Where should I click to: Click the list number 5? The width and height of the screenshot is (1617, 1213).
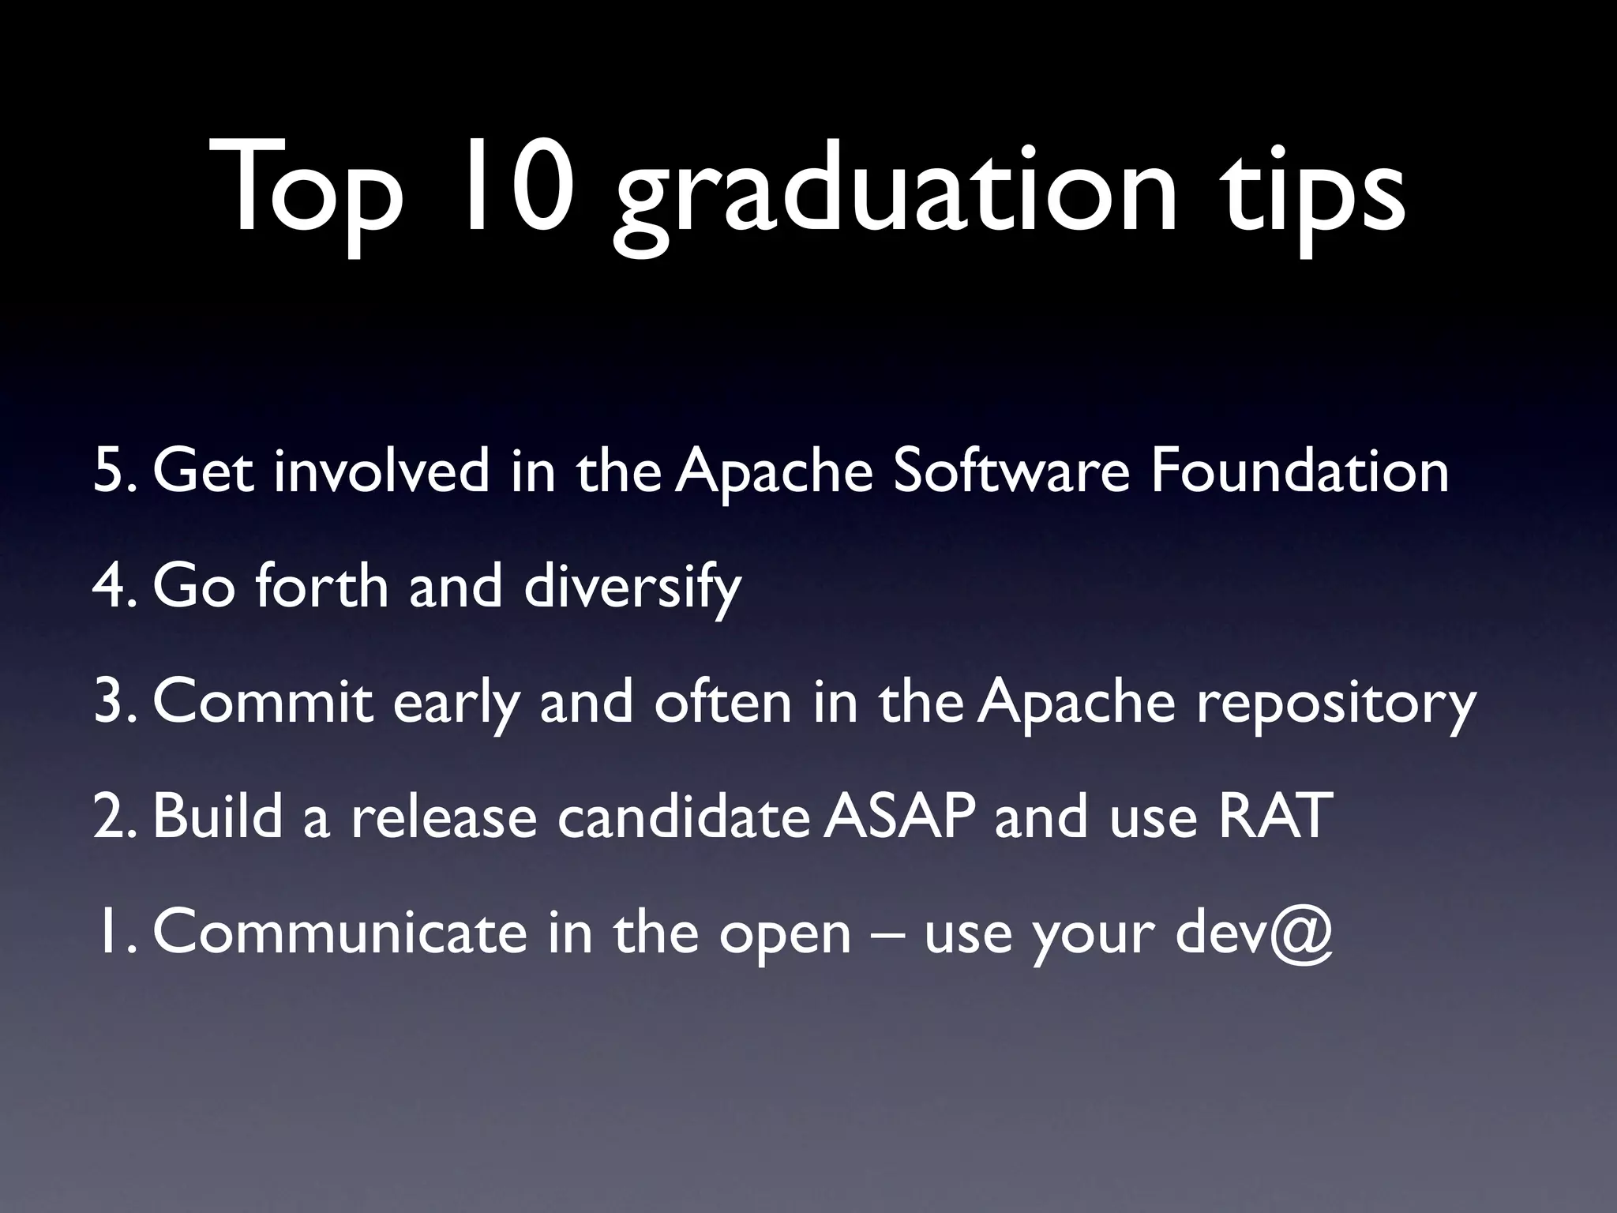(111, 471)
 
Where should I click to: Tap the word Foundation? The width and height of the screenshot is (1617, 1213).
(1299, 471)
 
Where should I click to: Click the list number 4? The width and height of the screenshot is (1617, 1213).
(111, 587)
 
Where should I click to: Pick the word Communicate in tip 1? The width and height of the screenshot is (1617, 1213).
(340, 932)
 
